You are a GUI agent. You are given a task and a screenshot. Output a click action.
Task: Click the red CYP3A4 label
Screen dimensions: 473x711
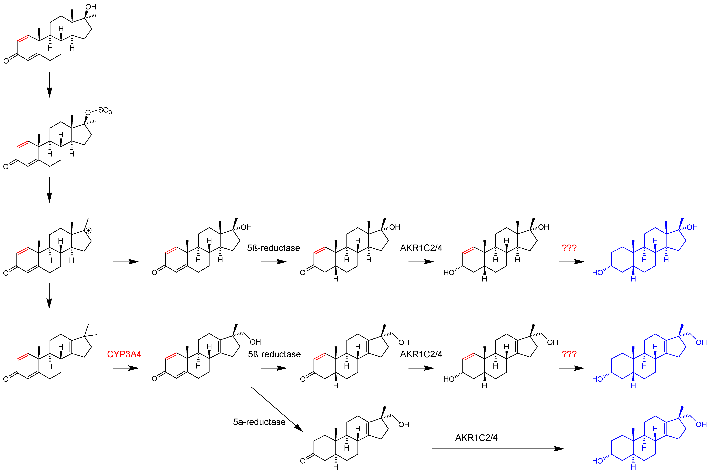point(124,354)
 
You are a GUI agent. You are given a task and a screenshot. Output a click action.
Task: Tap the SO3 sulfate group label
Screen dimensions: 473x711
point(105,110)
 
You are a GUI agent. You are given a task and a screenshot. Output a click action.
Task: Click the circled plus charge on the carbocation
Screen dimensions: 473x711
point(88,231)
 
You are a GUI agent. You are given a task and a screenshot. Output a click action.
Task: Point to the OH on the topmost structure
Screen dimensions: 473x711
point(91,7)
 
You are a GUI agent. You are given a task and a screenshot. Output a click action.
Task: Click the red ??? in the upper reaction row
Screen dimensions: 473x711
point(569,248)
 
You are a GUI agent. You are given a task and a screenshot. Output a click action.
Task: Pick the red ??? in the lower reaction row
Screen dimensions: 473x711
point(569,354)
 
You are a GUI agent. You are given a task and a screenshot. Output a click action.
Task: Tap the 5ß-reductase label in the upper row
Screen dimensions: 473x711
point(273,248)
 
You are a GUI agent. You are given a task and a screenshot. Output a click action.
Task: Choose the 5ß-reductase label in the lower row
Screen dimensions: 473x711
point(274,354)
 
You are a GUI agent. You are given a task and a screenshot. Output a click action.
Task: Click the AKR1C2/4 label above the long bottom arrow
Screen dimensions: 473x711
point(476,438)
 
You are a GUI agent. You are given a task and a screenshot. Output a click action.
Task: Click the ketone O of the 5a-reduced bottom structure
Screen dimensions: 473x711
point(303,461)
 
